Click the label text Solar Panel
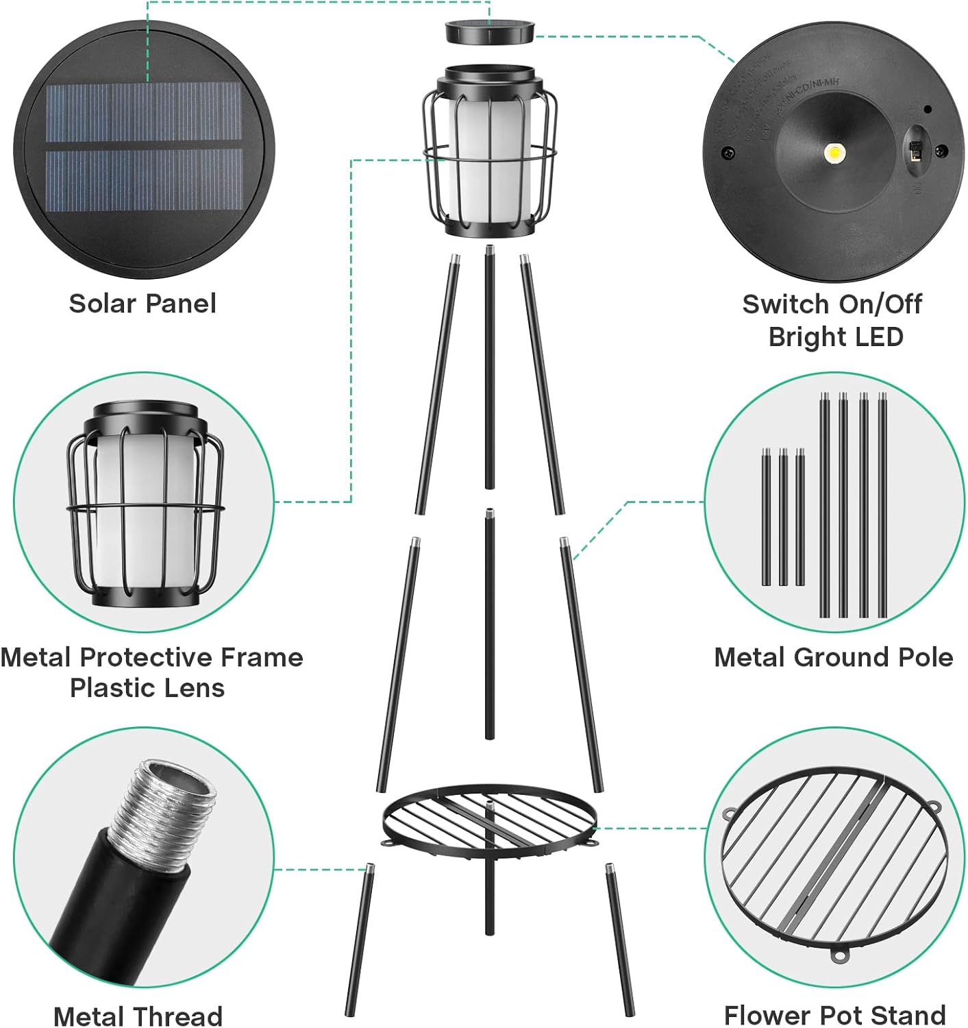click(142, 304)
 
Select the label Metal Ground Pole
click(833, 657)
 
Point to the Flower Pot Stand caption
click(834, 1014)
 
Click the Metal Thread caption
click(138, 1016)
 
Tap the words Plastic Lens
click(147, 687)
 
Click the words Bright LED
click(835, 336)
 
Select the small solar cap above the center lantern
click(490, 32)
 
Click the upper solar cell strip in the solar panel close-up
click(144, 114)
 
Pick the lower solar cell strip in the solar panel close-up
click(144, 181)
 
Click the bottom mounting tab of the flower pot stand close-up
click(838, 955)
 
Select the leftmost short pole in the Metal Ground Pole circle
click(766, 517)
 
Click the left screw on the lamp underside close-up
click(728, 153)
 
